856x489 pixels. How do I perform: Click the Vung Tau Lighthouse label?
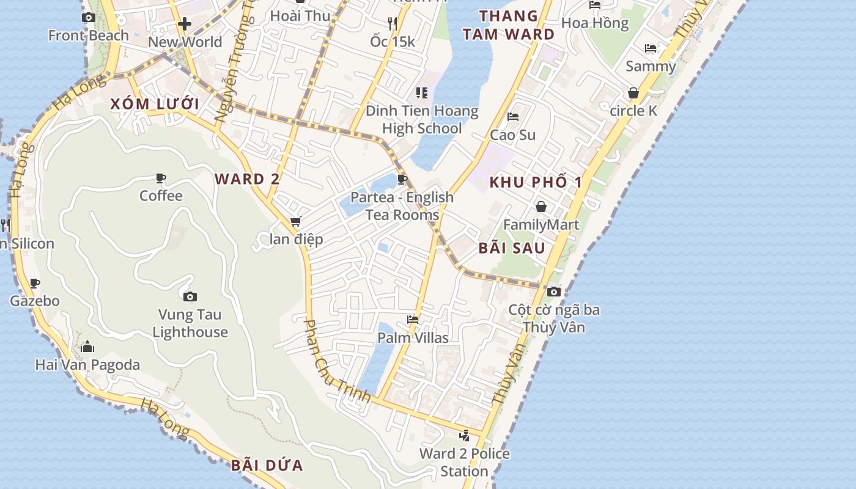pyautogui.click(x=190, y=323)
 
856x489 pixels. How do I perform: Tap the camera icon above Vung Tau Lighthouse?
pyautogui.click(x=190, y=296)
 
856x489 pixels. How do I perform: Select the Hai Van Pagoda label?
pyautogui.click(x=87, y=365)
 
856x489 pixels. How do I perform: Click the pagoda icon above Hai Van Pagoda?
pyautogui.click(x=87, y=347)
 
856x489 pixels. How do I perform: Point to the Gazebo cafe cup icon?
pyautogui.click(x=35, y=283)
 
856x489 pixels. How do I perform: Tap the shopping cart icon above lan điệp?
pyautogui.click(x=296, y=221)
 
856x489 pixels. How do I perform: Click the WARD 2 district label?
pyautogui.click(x=247, y=179)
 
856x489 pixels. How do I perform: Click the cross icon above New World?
pyautogui.click(x=185, y=24)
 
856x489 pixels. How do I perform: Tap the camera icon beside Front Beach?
pyautogui.click(x=89, y=17)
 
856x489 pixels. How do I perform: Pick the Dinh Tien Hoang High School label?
pyautogui.click(x=422, y=120)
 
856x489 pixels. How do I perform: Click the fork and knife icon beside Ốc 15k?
pyautogui.click(x=393, y=24)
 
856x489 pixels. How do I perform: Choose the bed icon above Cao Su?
pyautogui.click(x=513, y=117)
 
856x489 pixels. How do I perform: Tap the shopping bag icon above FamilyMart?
pyautogui.click(x=541, y=207)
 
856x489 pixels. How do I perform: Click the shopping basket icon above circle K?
pyautogui.click(x=633, y=93)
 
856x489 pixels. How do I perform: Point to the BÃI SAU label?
pyautogui.click(x=512, y=248)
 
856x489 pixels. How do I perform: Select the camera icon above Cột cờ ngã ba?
pyautogui.click(x=554, y=292)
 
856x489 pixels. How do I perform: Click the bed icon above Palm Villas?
pyautogui.click(x=413, y=320)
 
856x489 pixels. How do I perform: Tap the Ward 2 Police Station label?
pyautogui.click(x=464, y=463)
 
